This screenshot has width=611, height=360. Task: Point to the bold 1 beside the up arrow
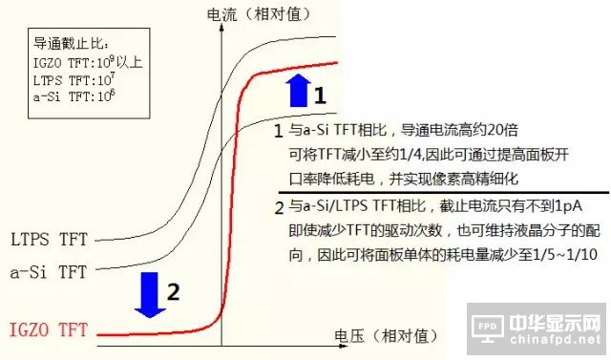pyautogui.click(x=322, y=95)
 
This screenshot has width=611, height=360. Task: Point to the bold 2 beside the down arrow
pyautogui.click(x=174, y=293)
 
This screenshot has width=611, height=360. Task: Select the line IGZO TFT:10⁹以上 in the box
pyautogui.click(x=81, y=60)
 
